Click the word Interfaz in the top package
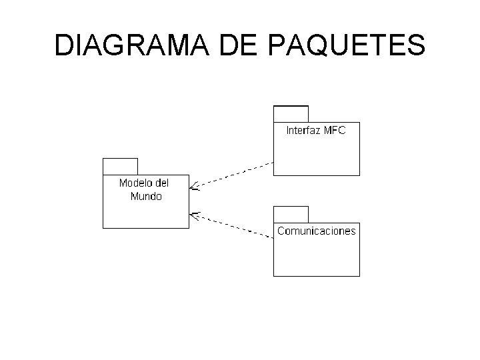(304, 131)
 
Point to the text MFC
(335, 131)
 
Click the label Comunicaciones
(317, 231)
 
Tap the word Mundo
(146, 196)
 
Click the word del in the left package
(162, 183)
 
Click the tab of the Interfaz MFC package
(291, 113)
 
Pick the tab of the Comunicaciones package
(291, 214)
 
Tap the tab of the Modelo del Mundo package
(120, 166)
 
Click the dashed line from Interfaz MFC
(233, 175)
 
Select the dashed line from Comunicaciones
(233, 225)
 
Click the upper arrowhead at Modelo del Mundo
(193, 187)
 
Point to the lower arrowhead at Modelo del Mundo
(193, 214)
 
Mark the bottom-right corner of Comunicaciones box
(359, 275)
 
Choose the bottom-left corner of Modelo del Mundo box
(103, 228)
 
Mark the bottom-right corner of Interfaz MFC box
(359, 175)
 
